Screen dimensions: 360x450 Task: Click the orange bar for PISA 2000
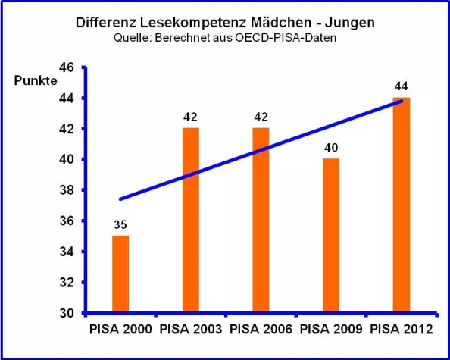pyautogui.click(x=120, y=274)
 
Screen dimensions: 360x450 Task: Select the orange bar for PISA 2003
pyautogui.click(x=190, y=220)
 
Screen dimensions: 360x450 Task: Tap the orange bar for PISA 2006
pyautogui.click(x=261, y=220)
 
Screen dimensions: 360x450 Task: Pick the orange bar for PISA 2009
pyautogui.click(x=331, y=235)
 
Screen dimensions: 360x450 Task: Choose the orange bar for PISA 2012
pyautogui.click(x=402, y=205)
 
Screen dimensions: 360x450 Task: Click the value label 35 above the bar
pyautogui.click(x=120, y=224)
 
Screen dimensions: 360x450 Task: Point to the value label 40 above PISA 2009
pyautogui.click(x=331, y=147)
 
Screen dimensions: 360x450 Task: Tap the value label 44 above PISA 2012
pyautogui.click(x=402, y=86)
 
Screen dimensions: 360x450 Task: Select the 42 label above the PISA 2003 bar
pyautogui.click(x=190, y=117)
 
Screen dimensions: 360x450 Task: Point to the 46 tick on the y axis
pyautogui.click(x=66, y=67)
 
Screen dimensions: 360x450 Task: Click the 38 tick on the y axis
pyautogui.click(x=66, y=190)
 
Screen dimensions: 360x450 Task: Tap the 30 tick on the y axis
pyautogui.click(x=66, y=313)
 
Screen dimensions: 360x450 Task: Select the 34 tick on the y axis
pyautogui.click(x=66, y=252)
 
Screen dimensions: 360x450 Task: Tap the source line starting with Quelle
pyautogui.click(x=225, y=38)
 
